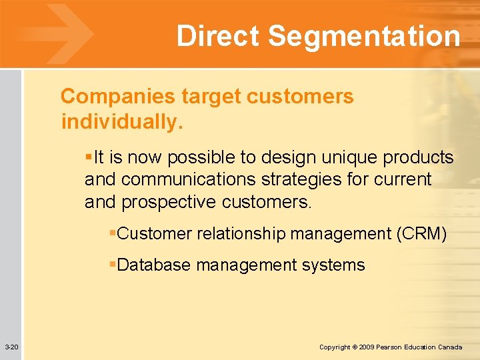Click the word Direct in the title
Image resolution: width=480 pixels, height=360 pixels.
tap(217, 36)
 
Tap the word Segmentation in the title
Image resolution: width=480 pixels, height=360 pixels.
tap(363, 36)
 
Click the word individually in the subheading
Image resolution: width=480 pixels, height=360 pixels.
tap(121, 123)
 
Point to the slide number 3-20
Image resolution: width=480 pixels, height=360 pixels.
tap(11, 347)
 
